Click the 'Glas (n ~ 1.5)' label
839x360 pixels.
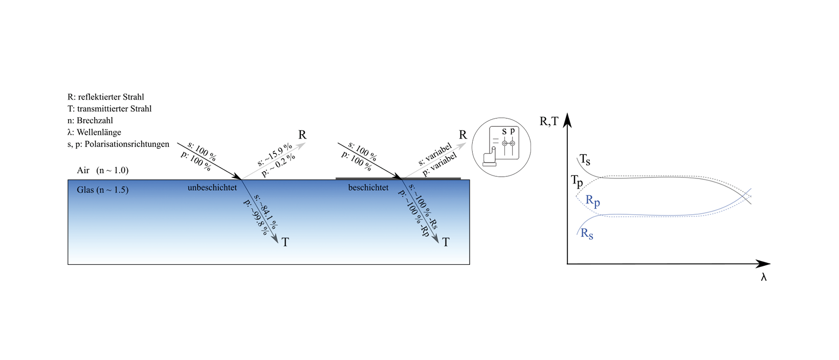point(102,190)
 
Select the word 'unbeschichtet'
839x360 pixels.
point(212,188)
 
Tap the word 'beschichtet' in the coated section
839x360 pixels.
point(368,188)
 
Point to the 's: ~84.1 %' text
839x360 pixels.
point(266,211)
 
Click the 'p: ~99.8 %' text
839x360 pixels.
point(256,217)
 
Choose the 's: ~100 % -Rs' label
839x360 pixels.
point(424,207)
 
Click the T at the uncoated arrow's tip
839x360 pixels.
point(285,242)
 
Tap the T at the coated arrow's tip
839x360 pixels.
point(446,242)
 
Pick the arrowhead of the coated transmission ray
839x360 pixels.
point(435,239)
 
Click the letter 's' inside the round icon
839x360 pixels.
point(504,132)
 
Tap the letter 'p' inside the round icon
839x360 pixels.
point(512,131)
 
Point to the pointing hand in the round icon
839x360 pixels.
point(490,156)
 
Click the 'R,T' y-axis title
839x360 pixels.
point(549,122)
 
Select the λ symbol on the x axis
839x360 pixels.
point(763,277)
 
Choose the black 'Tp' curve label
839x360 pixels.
point(577,181)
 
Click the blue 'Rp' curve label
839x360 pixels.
point(592,201)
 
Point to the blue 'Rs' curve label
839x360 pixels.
point(587,234)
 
